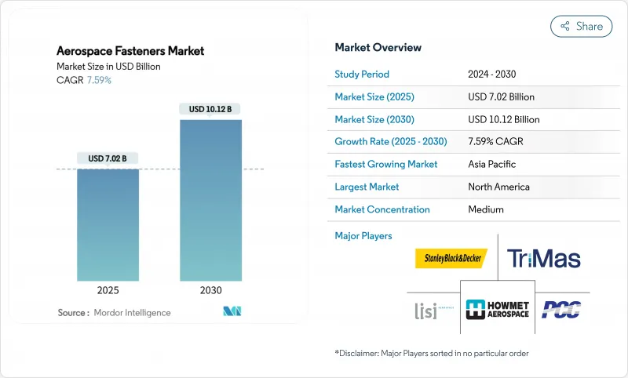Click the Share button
pos(581,26)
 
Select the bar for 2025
pos(108,225)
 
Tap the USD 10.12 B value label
pos(210,109)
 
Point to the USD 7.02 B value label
pos(108,158)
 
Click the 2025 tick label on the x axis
pos(108,289)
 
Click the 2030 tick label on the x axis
pos(210,289)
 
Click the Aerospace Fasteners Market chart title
pos(130,51)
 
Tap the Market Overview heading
pos(378,47)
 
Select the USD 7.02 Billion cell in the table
pos(501,97)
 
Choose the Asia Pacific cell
pos(491,165)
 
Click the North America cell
pos(498,187)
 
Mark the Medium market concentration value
pos(485,209)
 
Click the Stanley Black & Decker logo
pos(451,258)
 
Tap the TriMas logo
pos(544,258)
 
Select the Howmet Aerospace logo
pos(498,307)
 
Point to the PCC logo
pos(561,308)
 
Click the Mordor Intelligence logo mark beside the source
pos(232,312)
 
